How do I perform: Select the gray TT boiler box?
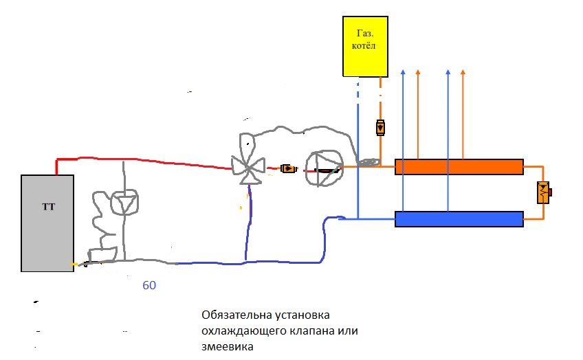(47, 222)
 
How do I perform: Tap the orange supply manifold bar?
(459, 167)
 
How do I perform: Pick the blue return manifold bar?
(459, 219)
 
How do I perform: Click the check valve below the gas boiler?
(380, 128)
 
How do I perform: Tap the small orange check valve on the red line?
(289, 168)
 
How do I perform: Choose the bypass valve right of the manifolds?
(544, 192)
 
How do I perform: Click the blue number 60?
(149, 285)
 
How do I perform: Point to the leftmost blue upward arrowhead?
(404, 71)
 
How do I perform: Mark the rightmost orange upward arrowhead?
(463, 71)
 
